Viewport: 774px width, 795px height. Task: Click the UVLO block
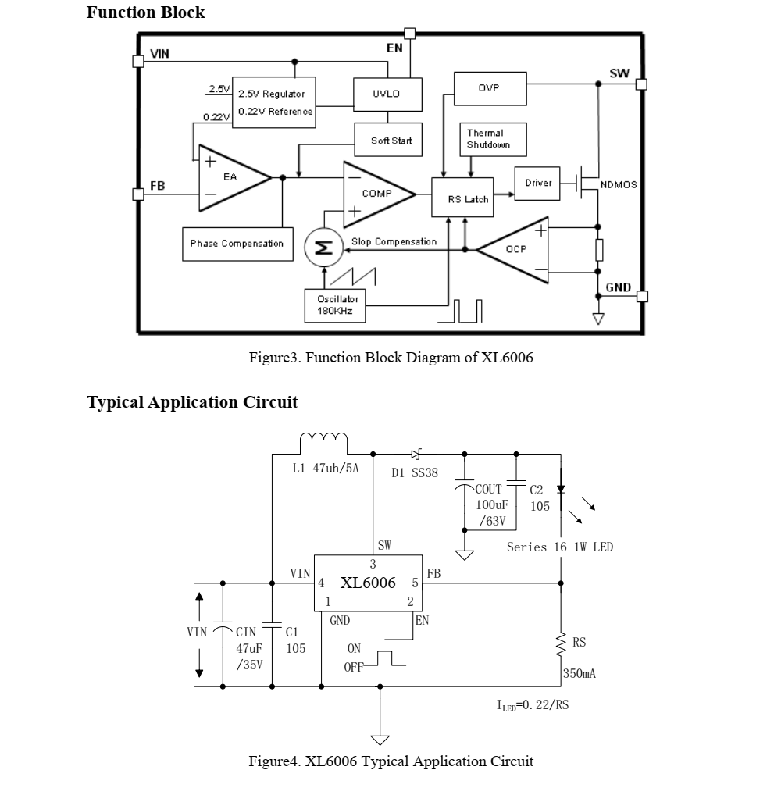[387, 94]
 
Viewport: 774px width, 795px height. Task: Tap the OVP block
[490, 88]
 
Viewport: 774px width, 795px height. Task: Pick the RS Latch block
[463, 198]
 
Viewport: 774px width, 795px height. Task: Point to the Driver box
[537, 183]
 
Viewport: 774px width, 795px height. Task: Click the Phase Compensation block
[237, 244]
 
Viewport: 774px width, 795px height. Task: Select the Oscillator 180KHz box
[333, 305]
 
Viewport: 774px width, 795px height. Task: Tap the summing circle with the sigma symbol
[322, 248]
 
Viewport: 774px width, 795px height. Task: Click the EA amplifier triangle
[229, 178]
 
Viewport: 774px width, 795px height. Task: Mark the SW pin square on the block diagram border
[641, 84]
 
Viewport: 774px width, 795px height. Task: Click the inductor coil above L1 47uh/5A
[323, 443]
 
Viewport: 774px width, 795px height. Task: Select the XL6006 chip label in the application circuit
[367, 583]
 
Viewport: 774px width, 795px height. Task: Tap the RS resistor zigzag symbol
[560, 645]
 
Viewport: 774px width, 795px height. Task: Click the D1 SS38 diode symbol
[416, 454]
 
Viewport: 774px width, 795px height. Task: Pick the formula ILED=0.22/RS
[533, 704]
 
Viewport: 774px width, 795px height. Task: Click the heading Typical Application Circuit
[192, 402]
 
